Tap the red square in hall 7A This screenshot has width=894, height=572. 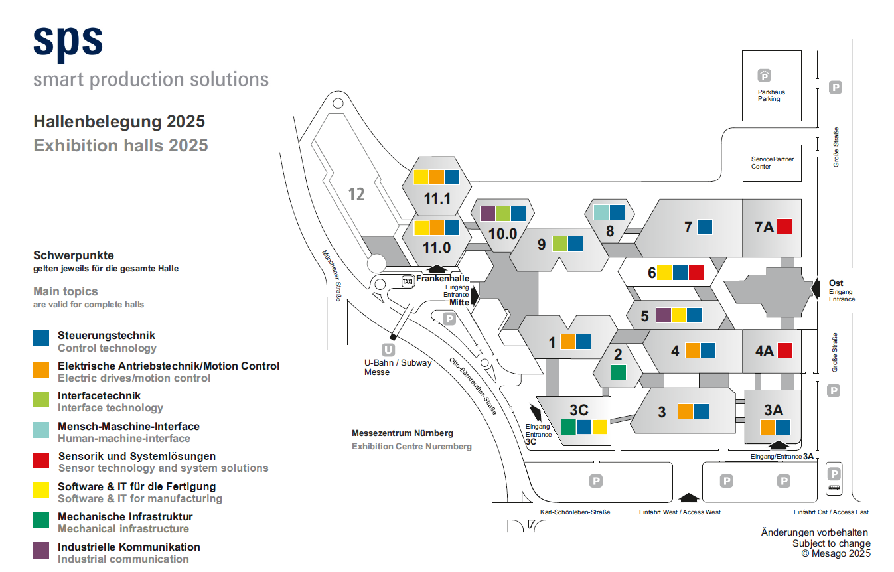pyautogui.click(x=784, y=226)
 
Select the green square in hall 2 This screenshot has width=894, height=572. pyautogui.click(x=618, y=372)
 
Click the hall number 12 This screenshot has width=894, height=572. pyautogui.click(x=356, y=194)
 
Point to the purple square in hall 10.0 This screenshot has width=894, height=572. pyautogui.click(x=487, y=214)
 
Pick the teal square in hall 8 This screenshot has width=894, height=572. pyautogui.click(x=601, y=212)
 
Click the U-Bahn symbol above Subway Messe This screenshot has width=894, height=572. pyautogui.click(x=388, y=350)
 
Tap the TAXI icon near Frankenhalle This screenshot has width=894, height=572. pyautogui.click(x=407, y=281)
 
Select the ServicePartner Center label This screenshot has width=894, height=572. pyautogui.click(x=773, y=163)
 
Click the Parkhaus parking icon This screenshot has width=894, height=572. pyautogui.click(x=764, y=76)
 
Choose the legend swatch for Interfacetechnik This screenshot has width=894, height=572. pyautogui.click(x=41, y=399)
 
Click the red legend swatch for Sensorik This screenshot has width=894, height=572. pyautogui.click(x=41, y=461)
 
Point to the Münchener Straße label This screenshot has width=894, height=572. pyautogui.click(x=332, y=275)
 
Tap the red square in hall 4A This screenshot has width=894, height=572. pyautogui.click(x=785, y=350)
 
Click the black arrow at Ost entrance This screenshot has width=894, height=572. pyautogui.click(x=816, y=288)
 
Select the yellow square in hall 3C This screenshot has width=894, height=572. pyautogui.click(x=600, y=427)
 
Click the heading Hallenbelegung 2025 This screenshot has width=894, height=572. pyautogui.click(x=119, y=121)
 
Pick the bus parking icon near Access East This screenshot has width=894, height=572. pyautogui.click(x=834, y=478)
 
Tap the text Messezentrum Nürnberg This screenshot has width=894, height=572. pyautogui.click(x=402, y=433)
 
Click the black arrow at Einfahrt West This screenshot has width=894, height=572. pyautogui.click(x=688, y=498)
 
